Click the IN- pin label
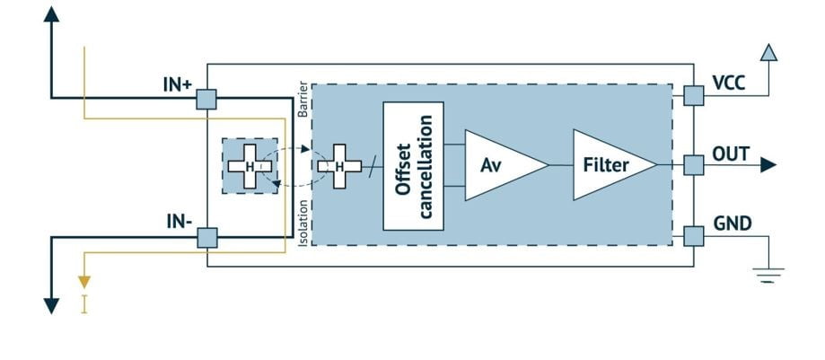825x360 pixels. point(177,221)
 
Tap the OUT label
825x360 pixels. point(730,154)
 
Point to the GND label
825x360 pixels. point(731,224)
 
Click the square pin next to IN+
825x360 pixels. point(207,98)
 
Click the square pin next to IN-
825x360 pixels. point(207,237)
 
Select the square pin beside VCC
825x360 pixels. point(693,94)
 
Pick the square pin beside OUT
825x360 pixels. point(693,165)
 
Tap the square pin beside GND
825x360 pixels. point(693,236)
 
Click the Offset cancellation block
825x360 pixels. point(413,165)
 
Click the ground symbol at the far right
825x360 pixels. point(766,274)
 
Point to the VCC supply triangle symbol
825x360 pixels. point(768,53)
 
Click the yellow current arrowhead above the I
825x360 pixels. point(84,282)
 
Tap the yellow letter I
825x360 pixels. point(84,304)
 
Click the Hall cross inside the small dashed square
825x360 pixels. point(250,166)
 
